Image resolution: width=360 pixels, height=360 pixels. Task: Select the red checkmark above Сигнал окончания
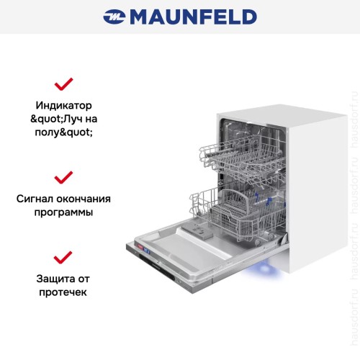point(64,176)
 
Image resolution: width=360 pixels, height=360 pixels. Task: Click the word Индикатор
point(65,105)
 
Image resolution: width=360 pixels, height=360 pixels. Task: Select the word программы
point(65,214)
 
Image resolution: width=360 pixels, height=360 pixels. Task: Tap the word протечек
point(65,293)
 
